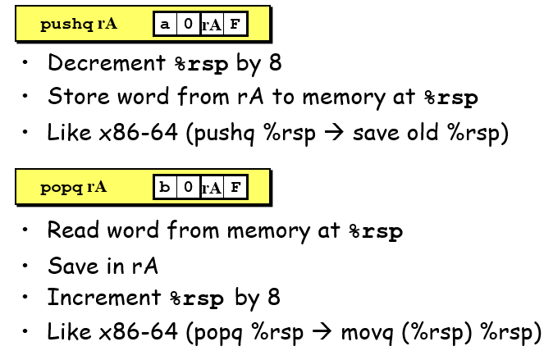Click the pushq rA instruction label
(79, 25)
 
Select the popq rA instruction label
(74, 188)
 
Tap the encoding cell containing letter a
(165, 25)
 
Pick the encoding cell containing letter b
(165, 188)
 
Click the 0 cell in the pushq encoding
(188, 25)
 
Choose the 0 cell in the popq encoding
(188, 188)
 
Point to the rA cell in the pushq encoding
(212, 25)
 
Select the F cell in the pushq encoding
(235, 25)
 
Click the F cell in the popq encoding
(235, 188)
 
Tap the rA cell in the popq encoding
(212, 188)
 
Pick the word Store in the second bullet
(71, 97)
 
